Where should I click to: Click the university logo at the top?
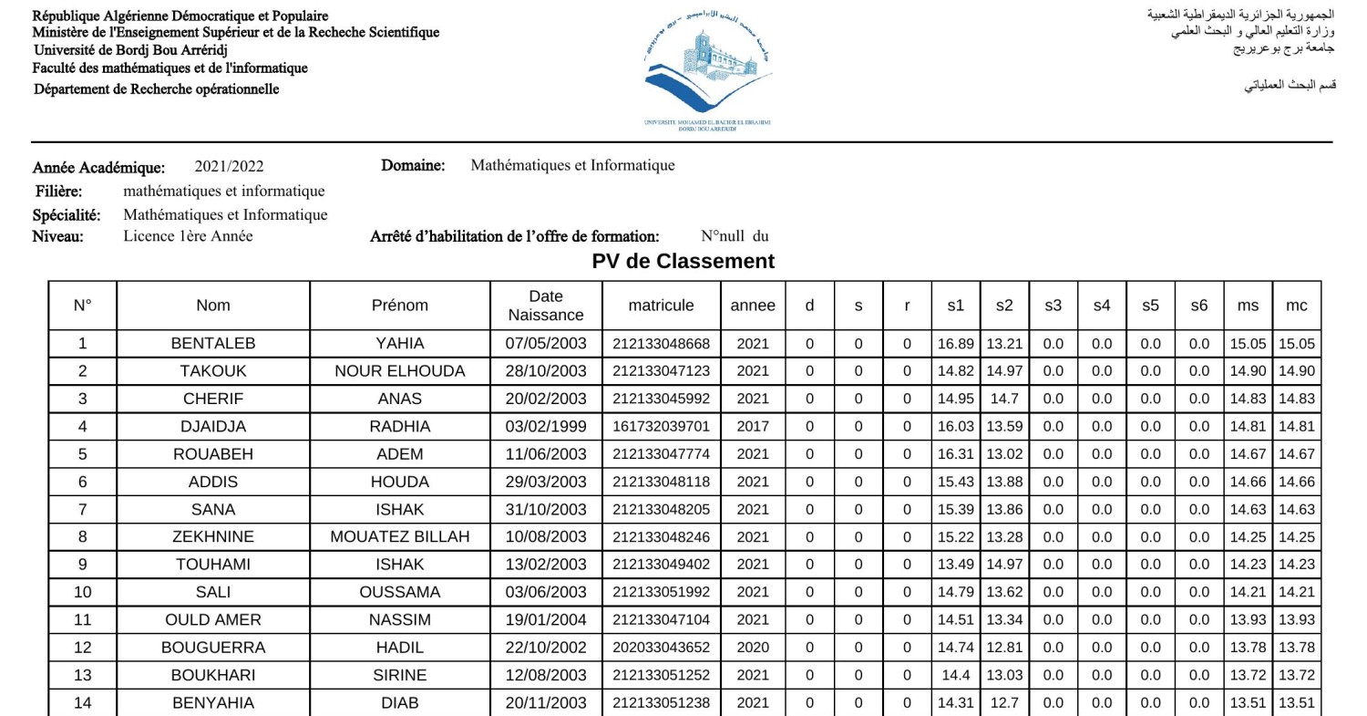(707, 68)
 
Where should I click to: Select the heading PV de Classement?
(683, 262)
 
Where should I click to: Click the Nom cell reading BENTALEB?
(213, 344)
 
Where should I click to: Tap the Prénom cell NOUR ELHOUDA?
(399, 371)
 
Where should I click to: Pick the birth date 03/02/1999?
(546, 426)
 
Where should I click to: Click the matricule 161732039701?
(661, 426)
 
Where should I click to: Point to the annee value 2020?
(753, 648)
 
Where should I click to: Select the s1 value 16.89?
(955, 344)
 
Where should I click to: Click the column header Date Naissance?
(546, 306)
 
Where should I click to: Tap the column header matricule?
(661, 306)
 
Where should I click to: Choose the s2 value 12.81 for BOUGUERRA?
(1004, 648)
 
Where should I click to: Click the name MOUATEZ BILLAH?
(399, 537)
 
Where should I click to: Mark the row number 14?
(82, 703)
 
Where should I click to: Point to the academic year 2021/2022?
(229, 167)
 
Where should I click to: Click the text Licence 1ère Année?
(189, 236)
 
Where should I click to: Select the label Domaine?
(413, 166)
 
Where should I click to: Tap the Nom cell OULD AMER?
(213, 620)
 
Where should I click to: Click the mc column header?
(1296, 306)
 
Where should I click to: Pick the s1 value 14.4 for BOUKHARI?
(955, 675)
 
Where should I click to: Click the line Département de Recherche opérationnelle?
(156, 89)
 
